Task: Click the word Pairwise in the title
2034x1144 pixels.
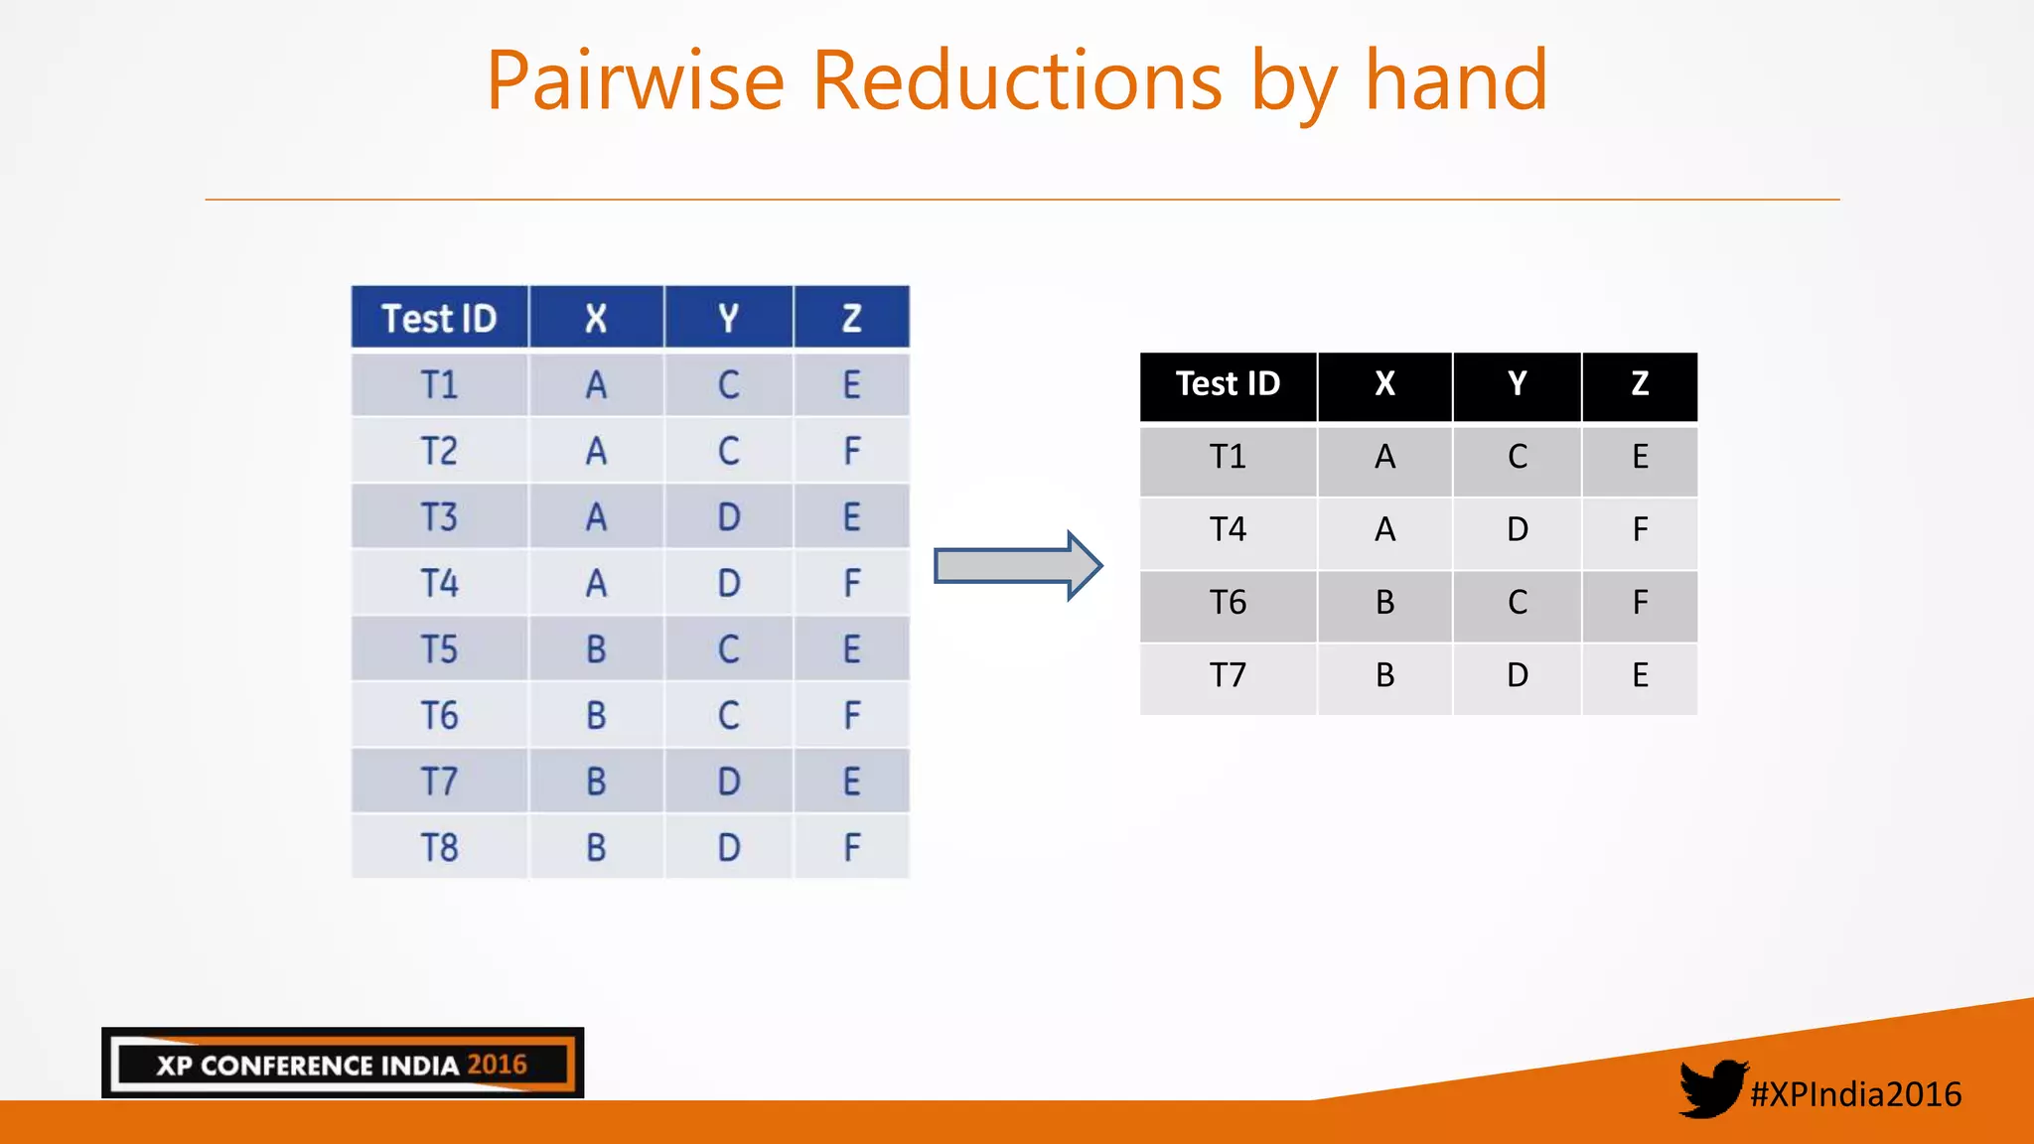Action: (636, 81)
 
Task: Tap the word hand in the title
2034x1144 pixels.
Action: (1456, 81)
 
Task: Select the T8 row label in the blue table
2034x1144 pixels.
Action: (439, 847)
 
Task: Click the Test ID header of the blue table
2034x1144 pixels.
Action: (439, 319)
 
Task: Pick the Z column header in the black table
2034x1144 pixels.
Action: (1640, 384)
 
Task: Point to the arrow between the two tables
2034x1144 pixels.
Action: (1018, 566)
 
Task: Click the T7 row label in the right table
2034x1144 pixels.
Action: (1228, 675)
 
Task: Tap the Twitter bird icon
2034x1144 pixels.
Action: (1711, 1088)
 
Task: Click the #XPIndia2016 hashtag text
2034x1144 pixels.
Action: (1855, 1094)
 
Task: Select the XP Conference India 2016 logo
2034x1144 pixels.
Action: (343, 1064)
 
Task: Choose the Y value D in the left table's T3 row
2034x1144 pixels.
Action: (729, 517)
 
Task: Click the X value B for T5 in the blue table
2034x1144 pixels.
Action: (596, 649)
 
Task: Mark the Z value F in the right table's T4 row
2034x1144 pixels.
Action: (1640, 529)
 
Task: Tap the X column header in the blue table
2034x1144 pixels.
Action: (596, 319)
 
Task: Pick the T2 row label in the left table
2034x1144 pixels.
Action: (439, 451)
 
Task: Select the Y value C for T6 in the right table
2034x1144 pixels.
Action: (1517, 603)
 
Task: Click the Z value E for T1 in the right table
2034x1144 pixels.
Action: (1640, 457)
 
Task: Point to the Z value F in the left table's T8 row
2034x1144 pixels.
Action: (851, 847)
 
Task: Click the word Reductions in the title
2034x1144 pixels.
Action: (1017, 81)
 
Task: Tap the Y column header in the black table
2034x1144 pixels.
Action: (1517, 384)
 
